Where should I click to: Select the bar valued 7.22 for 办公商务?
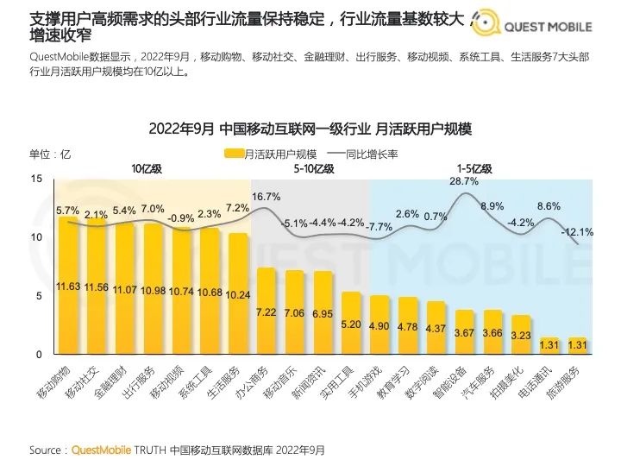click(267, 312)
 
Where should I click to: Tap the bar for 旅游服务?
click(578, 346)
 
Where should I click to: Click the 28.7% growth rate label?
click(464, 181)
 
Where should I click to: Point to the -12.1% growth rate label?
click(577, 231)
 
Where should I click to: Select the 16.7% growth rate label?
click(267, 197)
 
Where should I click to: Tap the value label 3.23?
click(520, 335)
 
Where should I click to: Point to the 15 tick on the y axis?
click(36, 178)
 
